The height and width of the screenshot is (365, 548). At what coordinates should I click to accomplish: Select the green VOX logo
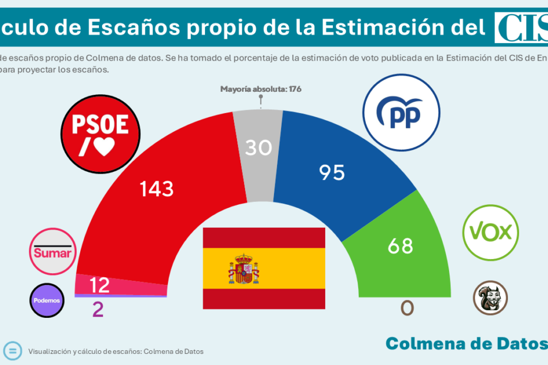[490, 233]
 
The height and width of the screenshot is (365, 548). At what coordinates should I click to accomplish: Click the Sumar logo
[54, 252]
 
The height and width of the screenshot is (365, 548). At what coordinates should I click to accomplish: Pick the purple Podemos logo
[47, 300]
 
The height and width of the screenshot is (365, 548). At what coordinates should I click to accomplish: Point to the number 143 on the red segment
[157, 189]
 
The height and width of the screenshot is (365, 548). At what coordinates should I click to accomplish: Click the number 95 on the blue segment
[332, 172]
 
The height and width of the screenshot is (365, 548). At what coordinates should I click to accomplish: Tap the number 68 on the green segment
[401, 245]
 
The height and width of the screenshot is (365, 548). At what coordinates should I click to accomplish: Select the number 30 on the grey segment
[259, 147]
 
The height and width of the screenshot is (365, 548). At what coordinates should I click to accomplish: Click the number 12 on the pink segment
[100, 286]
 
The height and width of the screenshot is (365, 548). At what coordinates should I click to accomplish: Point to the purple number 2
[98, 310]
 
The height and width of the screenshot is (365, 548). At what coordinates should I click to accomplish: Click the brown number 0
[407, 308]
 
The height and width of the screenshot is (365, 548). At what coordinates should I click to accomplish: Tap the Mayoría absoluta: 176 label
[260, 89]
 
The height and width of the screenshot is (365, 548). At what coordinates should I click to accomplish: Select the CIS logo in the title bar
[520, 27]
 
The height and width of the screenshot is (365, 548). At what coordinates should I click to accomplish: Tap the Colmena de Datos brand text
[466, 343]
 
